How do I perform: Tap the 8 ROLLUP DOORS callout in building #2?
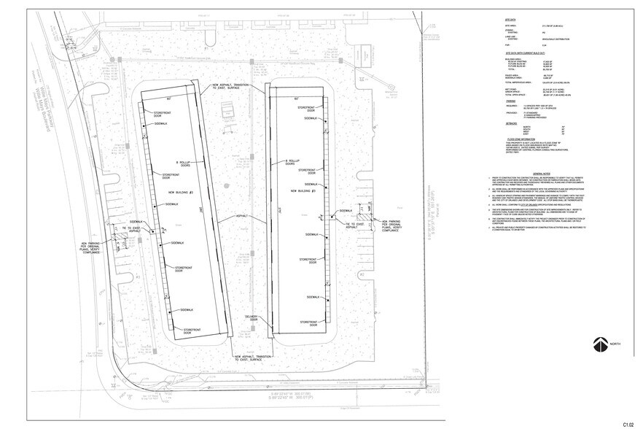[187, 164]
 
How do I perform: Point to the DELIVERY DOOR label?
[252, 317]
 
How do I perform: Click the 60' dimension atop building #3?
[297, 98]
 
